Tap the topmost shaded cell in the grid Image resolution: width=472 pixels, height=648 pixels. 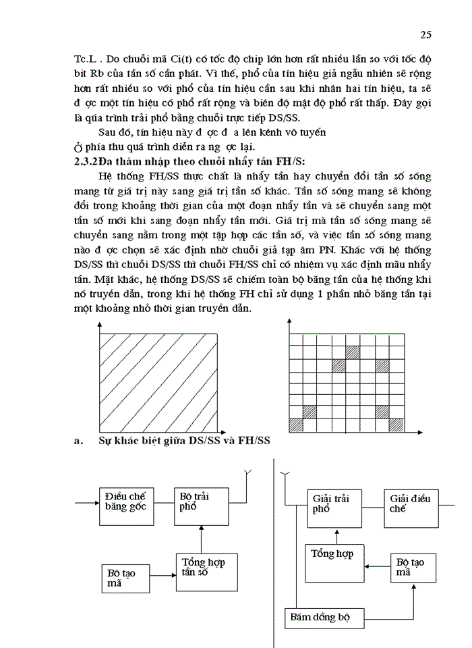(352, 352)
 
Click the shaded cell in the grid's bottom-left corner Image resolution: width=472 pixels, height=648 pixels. (295, 425)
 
